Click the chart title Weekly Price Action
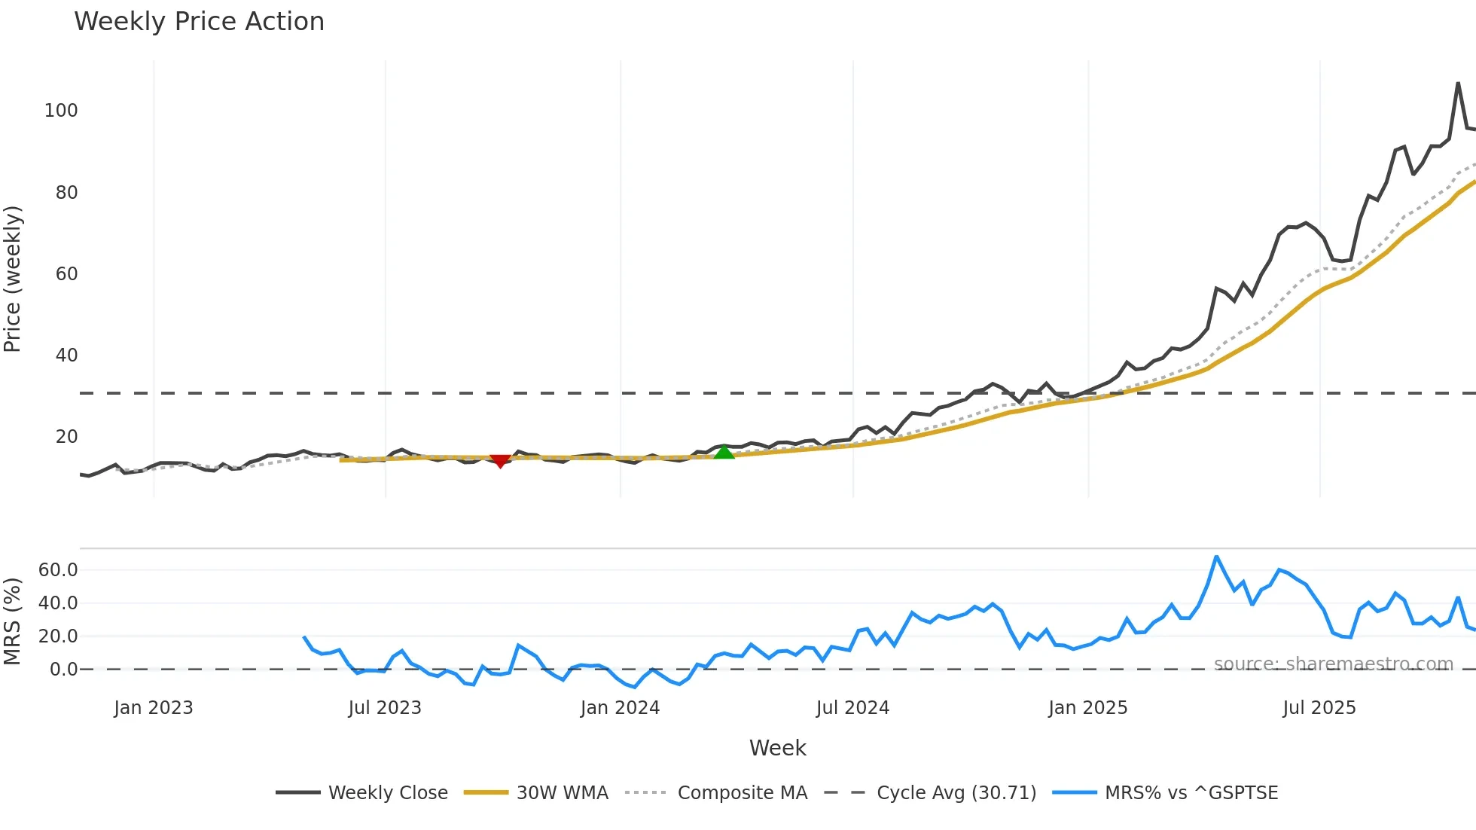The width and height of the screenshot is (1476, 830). [x=199, y=22]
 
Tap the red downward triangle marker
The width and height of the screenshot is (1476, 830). [x=500, y=460]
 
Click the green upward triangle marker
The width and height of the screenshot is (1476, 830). [x=724, y=452]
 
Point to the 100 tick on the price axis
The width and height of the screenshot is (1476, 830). [x=61, y=111]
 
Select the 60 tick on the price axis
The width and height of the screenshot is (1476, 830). [x=66, y=274]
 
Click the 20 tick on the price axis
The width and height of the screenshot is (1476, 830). [x=66, y=437]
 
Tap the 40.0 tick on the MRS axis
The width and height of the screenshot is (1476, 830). [x=58, y=603]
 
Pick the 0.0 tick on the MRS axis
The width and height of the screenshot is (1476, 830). [x=63, y=670]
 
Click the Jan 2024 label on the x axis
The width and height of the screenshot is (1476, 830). [x=620, y=708]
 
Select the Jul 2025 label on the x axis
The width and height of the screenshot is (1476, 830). [x=1319, y=708]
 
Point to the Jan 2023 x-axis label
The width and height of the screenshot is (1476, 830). [x=154, y=708]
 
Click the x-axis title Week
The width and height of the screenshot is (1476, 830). [x=777, y=748]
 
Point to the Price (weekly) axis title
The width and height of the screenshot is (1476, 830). [x=13, y=279]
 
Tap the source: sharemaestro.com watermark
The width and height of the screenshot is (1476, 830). [x=1333, y=664]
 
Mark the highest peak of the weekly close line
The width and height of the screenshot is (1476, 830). [x=1459, y=83]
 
